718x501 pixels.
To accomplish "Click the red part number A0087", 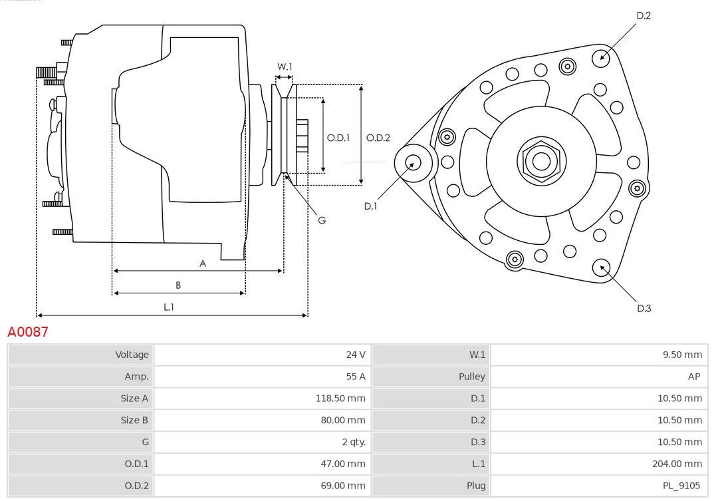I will [x=28, y=331].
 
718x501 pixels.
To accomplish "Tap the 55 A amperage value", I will [x=356, y=377].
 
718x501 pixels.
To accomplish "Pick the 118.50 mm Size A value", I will [x=340, y=399].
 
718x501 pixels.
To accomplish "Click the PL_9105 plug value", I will [x=681, y=486].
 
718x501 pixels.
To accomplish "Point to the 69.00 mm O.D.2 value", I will [x=343, y=486].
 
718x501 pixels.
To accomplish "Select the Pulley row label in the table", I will [x=471, y=377].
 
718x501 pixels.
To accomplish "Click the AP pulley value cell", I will [x=693, y=377].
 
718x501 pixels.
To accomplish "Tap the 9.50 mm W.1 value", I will [x=682, y=355].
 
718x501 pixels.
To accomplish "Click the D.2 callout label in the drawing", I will [x=644, y=15].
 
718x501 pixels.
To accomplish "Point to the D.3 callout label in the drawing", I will [x=644, y=308].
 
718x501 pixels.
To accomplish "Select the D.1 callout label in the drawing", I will [x=370, y=206].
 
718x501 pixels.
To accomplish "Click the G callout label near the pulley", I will [x=322, y=220].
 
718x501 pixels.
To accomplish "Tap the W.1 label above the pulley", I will [x=285, y=67].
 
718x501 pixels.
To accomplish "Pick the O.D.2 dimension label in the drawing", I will [x=378, y=138].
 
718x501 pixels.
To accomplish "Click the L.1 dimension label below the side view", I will [x=169, y=307].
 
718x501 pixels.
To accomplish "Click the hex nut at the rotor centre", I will [x=541, y=160].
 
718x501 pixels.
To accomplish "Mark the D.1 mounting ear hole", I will [x=413, y=162].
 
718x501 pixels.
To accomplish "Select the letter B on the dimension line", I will [x=178, y=285].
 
